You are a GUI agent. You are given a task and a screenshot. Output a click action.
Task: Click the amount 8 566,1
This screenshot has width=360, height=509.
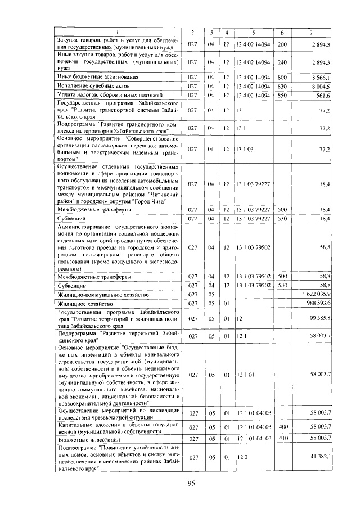click(x=323, y=76)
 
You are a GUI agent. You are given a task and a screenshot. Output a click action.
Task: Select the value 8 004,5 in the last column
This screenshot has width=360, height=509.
click(x=323, y=85)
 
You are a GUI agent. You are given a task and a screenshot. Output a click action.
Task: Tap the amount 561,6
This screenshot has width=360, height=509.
click(x=325, y=94)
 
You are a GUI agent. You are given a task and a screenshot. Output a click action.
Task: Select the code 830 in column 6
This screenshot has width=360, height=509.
click(x=282, y=85)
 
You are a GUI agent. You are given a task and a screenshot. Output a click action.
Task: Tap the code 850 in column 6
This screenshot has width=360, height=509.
click(x=282, y=94)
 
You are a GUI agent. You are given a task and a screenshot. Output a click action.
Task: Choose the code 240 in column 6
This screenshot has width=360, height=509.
click(x=282, y=62)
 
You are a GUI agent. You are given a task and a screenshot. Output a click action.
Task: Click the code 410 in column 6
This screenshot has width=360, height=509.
click(x=282, y=438)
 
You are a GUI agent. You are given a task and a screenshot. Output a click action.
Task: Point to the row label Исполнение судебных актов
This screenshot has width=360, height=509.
click(x=93, y=85)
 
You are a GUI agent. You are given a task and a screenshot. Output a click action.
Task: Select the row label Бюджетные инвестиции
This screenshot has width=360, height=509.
click(x=85, y=438)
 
